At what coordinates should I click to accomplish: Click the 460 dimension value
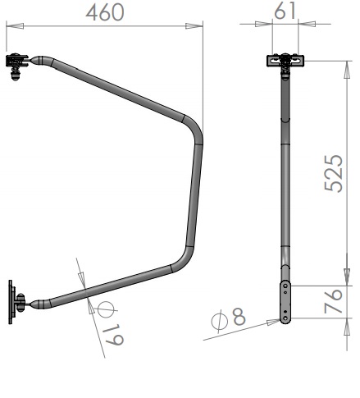105,12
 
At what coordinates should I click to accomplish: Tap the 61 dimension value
285,11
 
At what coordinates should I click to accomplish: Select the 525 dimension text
334,173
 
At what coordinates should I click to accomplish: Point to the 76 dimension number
333,301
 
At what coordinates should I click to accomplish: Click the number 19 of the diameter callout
114,336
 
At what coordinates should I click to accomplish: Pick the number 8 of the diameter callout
239,316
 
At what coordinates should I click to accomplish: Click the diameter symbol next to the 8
220,321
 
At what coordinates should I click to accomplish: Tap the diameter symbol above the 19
106,310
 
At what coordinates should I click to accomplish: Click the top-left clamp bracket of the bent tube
17,66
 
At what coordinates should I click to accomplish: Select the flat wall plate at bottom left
11,302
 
